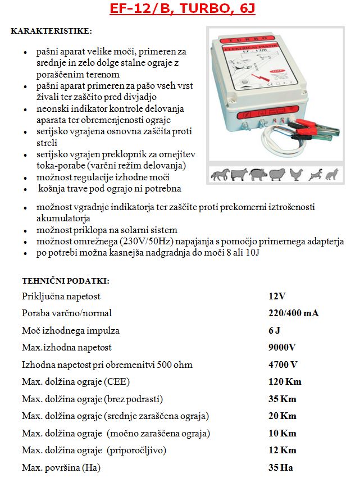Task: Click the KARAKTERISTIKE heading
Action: [52, 30]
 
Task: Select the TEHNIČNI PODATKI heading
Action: [66, 280]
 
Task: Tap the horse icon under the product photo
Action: [218, 175]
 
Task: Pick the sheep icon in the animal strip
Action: [276, 175]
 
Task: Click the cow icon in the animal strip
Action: [238, 175]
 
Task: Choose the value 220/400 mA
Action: [293, 313]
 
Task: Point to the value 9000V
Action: [282, 348]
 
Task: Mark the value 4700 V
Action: [283, 365]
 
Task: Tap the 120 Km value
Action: [285, 382]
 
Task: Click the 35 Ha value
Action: [281, 467]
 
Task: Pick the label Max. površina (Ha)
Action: [62, 467]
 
